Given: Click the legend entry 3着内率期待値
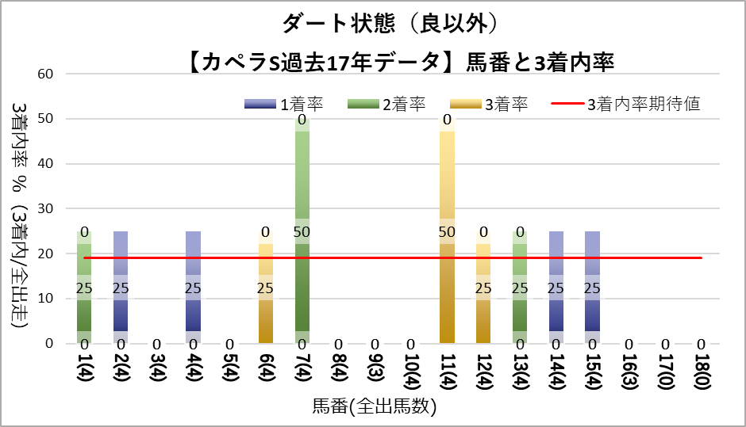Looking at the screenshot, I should (643, 104).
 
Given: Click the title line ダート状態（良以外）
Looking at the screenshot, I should (373, 23).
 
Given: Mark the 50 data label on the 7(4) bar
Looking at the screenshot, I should (302, 231).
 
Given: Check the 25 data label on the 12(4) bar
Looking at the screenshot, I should (483, 288).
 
